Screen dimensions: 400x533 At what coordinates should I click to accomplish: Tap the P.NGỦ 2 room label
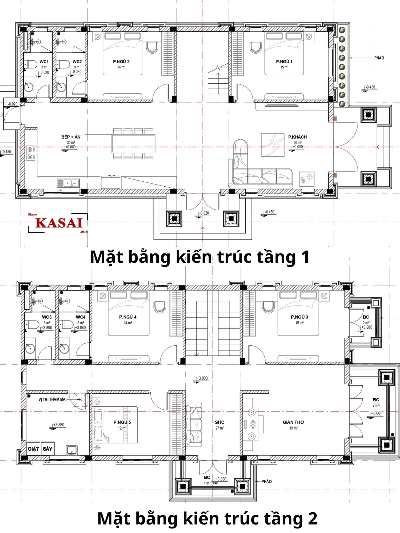[121, 62]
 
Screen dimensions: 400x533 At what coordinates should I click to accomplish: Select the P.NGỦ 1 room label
[284, 62]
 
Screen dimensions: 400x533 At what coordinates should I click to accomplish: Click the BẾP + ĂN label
[71, 137]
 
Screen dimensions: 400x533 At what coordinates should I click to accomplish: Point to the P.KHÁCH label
[297, 137]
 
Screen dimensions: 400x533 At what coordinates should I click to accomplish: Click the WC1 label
[44, 62]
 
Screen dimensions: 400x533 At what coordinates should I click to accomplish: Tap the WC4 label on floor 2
[81, 317]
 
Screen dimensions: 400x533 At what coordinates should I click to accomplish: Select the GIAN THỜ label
[293, 422]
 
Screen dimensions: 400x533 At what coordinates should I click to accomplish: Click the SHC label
[220, 422]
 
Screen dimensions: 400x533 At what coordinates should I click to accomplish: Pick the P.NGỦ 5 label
[122, 422]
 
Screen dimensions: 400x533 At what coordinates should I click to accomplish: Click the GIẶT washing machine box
[33, 449]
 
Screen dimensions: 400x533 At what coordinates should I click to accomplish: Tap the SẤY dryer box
[47, 449]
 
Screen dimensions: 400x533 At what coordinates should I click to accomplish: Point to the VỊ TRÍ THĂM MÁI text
[53, 399]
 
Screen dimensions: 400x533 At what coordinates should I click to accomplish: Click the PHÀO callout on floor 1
[379, 58]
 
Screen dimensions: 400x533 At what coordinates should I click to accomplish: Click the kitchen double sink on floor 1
[68, 183]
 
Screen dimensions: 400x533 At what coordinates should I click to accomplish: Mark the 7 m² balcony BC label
[376, 402]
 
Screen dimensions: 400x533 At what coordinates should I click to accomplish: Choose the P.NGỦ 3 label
[299, 317]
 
